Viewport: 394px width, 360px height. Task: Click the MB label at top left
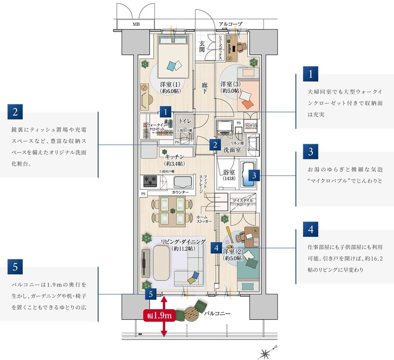click(137, 25)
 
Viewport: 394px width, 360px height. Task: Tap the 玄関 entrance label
click(202, 46)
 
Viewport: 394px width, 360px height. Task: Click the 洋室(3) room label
click(230, 87)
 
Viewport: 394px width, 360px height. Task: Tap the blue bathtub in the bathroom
click(248, 175)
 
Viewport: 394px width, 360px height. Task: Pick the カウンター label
click(180, 192)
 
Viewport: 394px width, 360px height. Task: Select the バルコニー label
click(217, 314)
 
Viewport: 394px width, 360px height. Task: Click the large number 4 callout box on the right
click(310, 229)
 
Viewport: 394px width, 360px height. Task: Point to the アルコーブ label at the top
click(230, 24)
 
